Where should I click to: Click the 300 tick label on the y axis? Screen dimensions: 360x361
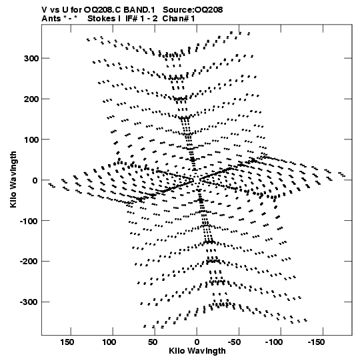[31, 59]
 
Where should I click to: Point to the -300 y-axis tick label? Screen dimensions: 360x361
[29, 302]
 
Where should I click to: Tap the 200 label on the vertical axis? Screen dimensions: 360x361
[31, 99]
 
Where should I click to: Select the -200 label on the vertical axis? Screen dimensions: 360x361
[29, 262]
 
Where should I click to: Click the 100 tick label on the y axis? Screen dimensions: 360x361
[31, 139]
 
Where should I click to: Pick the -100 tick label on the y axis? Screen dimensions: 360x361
[29, 221]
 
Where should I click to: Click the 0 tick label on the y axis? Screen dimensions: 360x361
[35, 180]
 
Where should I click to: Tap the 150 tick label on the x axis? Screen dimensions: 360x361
[67, 342]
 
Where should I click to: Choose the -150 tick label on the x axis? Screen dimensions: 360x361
[317, 342]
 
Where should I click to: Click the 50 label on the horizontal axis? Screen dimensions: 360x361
[152, 342]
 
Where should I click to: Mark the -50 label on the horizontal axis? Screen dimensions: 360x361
[234, 342]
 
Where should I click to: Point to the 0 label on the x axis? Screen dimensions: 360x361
[197, 342]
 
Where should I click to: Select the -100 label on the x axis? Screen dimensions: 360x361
[274, 342]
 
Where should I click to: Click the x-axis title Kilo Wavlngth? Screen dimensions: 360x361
[197, 351]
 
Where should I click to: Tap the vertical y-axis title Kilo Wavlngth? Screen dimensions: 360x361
[13, 179]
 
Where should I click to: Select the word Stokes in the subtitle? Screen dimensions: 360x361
[101, 19]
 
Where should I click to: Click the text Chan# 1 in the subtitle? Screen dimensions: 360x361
[179, 19]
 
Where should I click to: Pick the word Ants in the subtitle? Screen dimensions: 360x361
[51, 19]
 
